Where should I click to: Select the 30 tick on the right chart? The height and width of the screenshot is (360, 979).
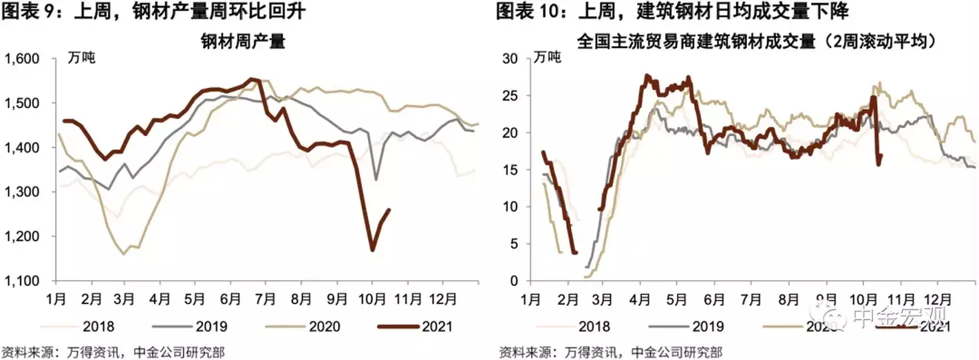tap(510, 59)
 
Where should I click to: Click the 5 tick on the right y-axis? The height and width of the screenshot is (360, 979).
tap(514, 244)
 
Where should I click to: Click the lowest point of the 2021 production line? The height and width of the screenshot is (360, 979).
tap(372, 250)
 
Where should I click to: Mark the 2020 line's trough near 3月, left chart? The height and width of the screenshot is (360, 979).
tap(123, 254)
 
